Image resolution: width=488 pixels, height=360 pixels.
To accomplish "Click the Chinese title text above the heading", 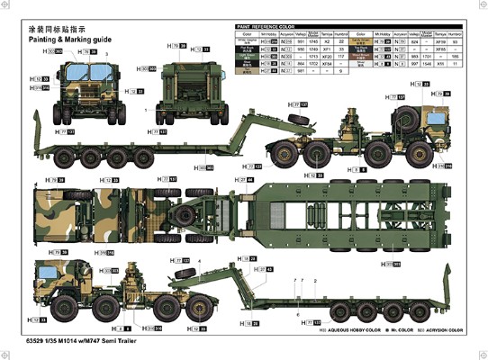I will click(x=58, y=29).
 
